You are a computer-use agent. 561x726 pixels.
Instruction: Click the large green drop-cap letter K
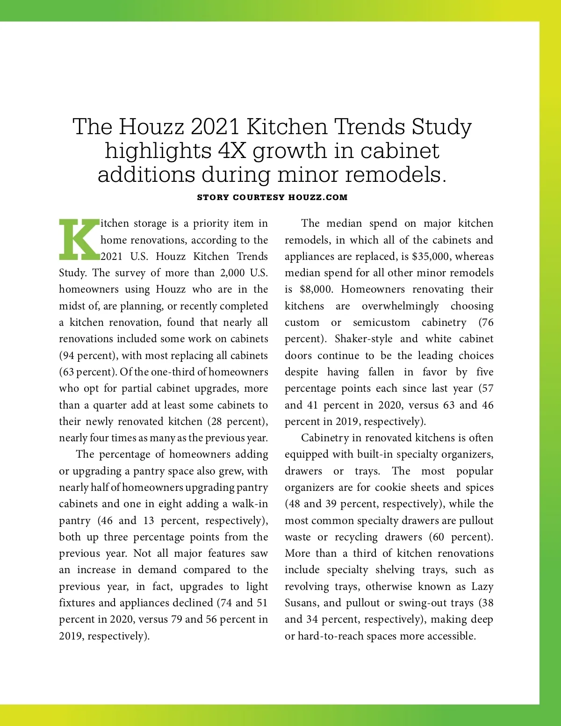[79, 239]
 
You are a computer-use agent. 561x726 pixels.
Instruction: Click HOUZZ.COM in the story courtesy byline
[318, 197]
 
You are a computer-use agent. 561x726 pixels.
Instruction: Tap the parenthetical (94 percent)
[87, 356]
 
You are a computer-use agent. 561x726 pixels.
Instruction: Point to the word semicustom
[381, 323]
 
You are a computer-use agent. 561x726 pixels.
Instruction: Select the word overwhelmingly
[400, 306]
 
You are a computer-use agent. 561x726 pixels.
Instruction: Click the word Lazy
[482, 587]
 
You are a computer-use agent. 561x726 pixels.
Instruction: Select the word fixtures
[79, 603]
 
